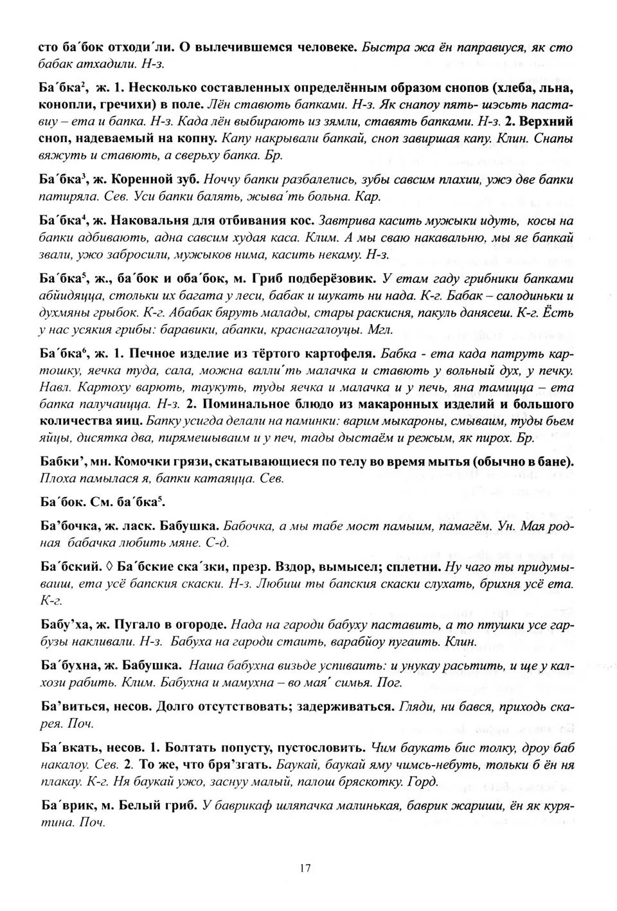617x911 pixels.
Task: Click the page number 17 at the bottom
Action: click(305, 869)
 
